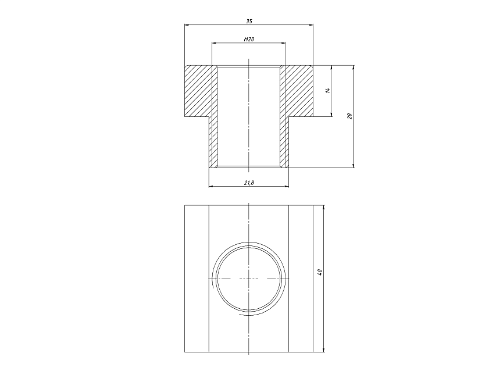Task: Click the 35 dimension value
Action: pos(249,21)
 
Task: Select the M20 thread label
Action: pos(249,40)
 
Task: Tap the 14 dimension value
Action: pos(327,91)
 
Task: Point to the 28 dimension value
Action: pos(349,116)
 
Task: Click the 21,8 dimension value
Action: pos(249,183)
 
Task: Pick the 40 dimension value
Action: pos(319,272)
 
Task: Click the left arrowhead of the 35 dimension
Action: pos(187,24)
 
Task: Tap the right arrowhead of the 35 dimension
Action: pos(311,24)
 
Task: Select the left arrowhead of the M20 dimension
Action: pos(214,42)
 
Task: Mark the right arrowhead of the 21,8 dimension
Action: pos(286,186)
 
